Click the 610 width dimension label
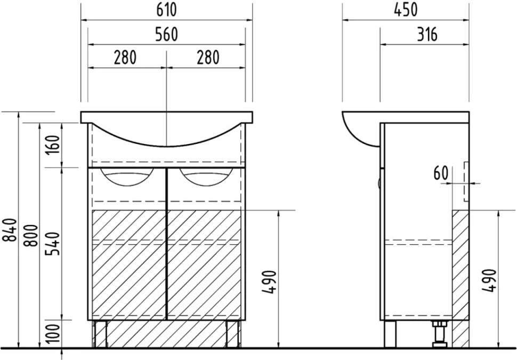(166, 10)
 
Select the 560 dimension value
(166, 34)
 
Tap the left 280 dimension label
(125, 58)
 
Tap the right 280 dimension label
(208, 58)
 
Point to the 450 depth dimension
(406, 10)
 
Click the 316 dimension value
(427, 34)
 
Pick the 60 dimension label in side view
(441, 173)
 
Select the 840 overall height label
(10, 230)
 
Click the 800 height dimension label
(31, 235)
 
